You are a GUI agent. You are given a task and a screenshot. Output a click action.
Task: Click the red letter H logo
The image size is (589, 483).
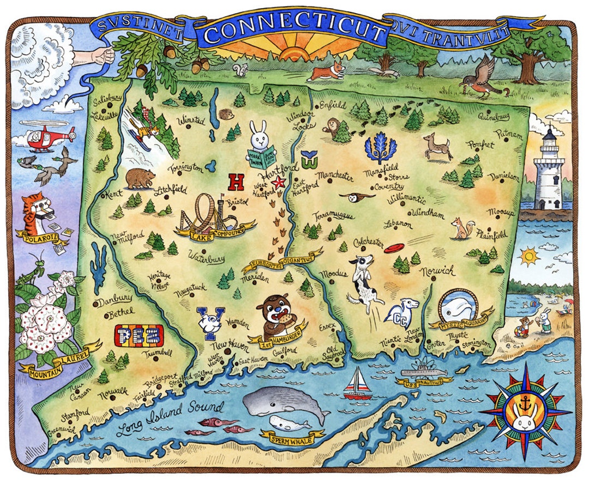pos(236,181)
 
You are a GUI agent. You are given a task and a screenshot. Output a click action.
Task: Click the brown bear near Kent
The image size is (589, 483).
pos(139,178)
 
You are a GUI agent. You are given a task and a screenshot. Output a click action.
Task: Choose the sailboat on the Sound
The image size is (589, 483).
pos(356,381)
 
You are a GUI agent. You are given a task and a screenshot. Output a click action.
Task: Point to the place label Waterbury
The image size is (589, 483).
pos(206,256)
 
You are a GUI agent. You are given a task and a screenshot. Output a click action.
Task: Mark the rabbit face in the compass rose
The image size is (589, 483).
pos(527,410)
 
